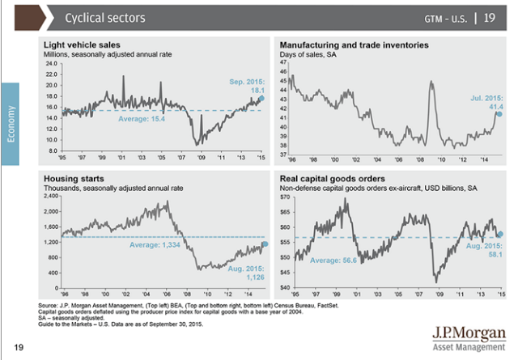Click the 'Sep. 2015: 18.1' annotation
(242, 87)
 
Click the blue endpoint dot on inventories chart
(499, 114)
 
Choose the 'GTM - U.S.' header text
(448, 17)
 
